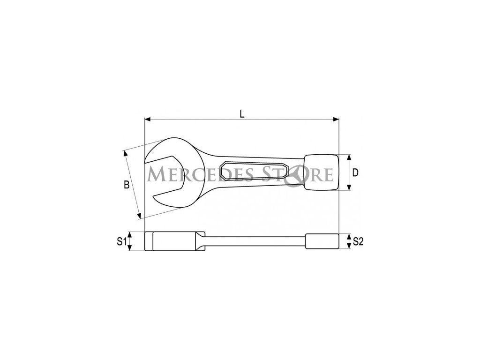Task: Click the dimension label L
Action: coord(242,114)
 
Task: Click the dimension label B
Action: coord(127,185)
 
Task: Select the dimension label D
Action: coord(355,173)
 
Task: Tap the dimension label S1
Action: coord(121,241)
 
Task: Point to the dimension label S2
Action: coord(358,241)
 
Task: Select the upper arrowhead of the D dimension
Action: coord(349,157)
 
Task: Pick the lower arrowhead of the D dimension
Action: coord(349,187)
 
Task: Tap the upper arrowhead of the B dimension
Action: coord(125,153)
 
